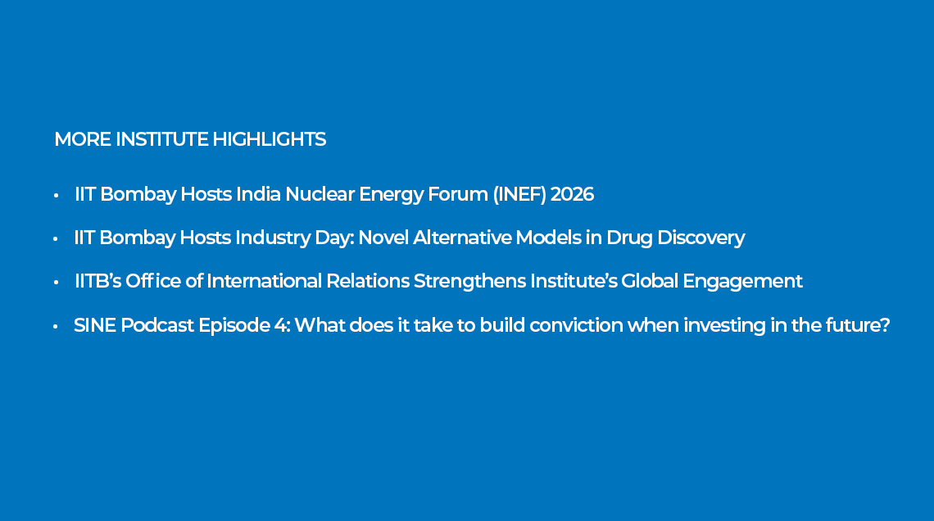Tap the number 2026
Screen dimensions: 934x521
click(x=572, y=194)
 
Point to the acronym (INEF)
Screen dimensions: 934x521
click(x=519, y=195)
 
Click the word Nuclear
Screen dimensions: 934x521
click(x=320, y=194)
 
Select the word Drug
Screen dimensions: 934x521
click(x=629, y=238)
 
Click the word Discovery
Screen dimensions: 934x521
click(x=701, y=238)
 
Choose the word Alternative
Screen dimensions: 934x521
click(x=462, y=238)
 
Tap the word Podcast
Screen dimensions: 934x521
click(x=157, y=325)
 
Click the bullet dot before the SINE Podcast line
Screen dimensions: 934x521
click(x=56, y=326)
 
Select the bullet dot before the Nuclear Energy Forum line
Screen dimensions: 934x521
click(x=56, y=195)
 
